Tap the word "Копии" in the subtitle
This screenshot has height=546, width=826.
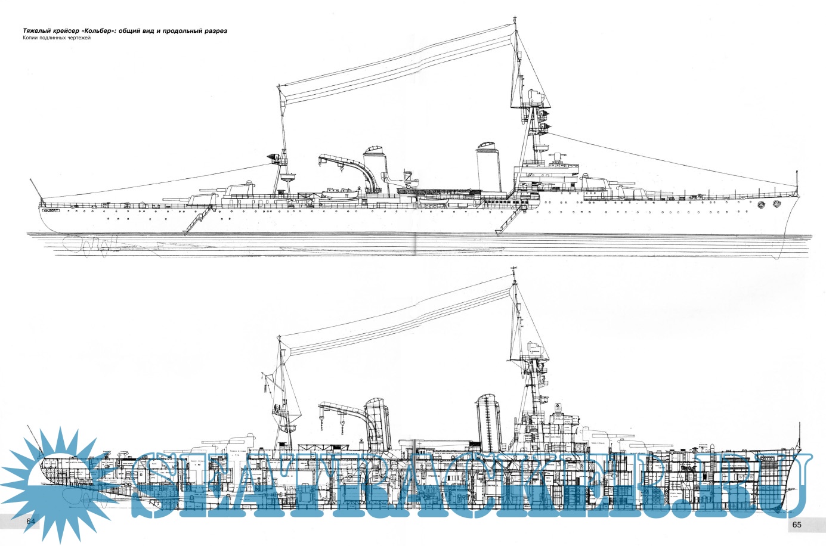(x=31, y=39)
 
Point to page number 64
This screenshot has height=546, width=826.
(x=32, y=522)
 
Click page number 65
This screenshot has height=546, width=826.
(x=797, y=525)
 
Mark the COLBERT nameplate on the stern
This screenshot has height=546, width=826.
(x=52, y=209)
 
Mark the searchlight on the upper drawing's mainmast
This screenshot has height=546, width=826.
(x=276, y=158)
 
